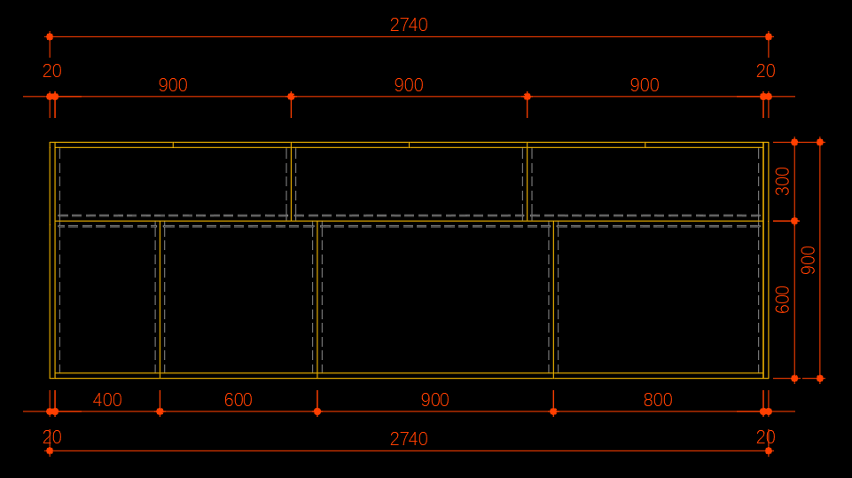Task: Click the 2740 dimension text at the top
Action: point(409,25)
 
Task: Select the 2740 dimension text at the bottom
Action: point(409,439)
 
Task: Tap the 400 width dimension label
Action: point(107,400)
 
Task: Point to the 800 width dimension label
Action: point(658,400)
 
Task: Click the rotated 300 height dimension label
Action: point(782,181)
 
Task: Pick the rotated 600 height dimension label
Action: point(782,300)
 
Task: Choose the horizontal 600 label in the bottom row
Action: point(238,400)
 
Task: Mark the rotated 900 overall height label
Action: point(808,260)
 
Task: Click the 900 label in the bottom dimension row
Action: point(434,400)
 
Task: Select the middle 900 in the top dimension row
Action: point(409,85)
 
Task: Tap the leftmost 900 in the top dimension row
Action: point(173,85)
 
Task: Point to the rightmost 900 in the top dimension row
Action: point(645,85)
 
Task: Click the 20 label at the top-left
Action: point(52,71)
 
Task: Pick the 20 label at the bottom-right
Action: point(766,437)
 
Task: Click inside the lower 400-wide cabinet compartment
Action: point(107,298)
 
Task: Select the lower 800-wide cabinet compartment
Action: point(658,298)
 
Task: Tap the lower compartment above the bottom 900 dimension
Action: point(435,298)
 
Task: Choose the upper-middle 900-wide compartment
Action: point(409,184)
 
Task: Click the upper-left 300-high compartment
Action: point(173,184)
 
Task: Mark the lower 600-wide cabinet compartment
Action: point(238,298)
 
